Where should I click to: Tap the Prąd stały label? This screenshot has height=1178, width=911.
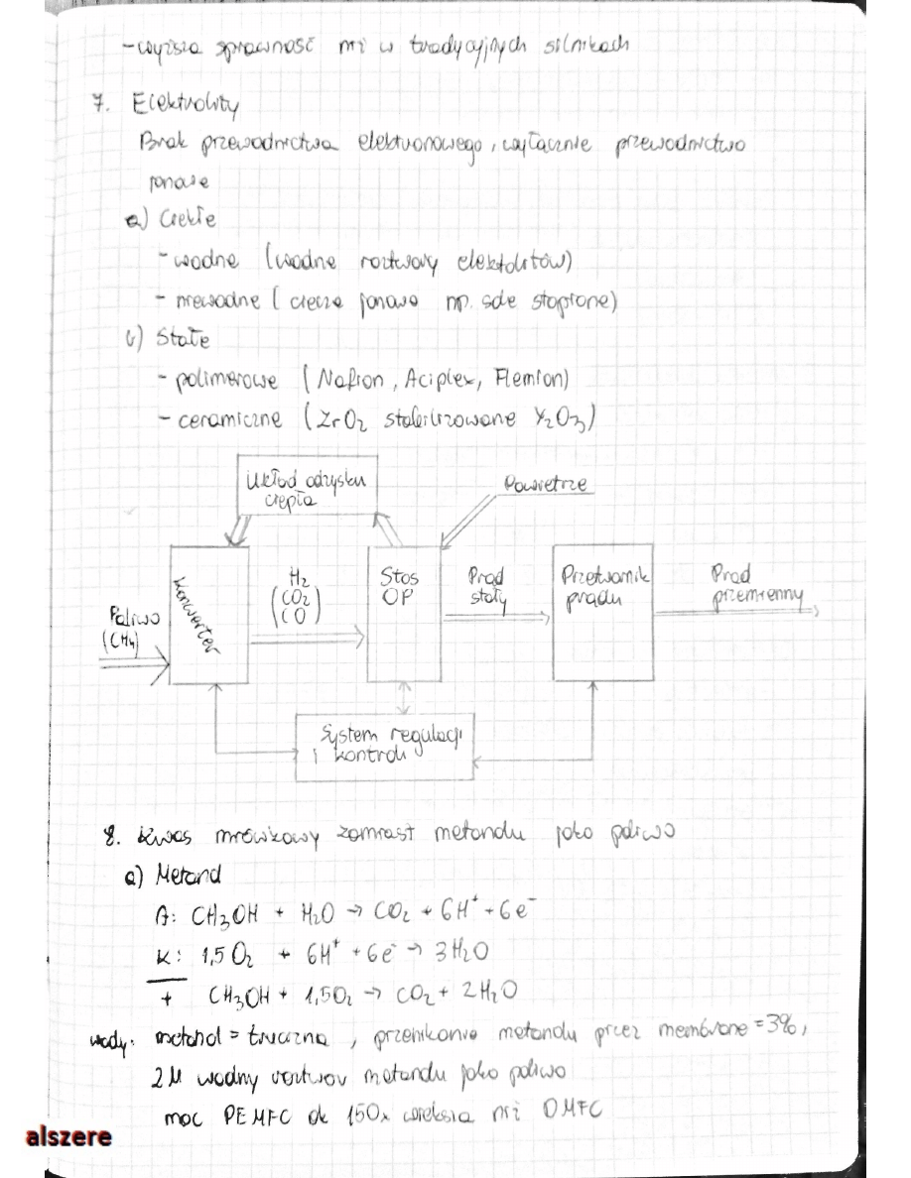tap(486, 587)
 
